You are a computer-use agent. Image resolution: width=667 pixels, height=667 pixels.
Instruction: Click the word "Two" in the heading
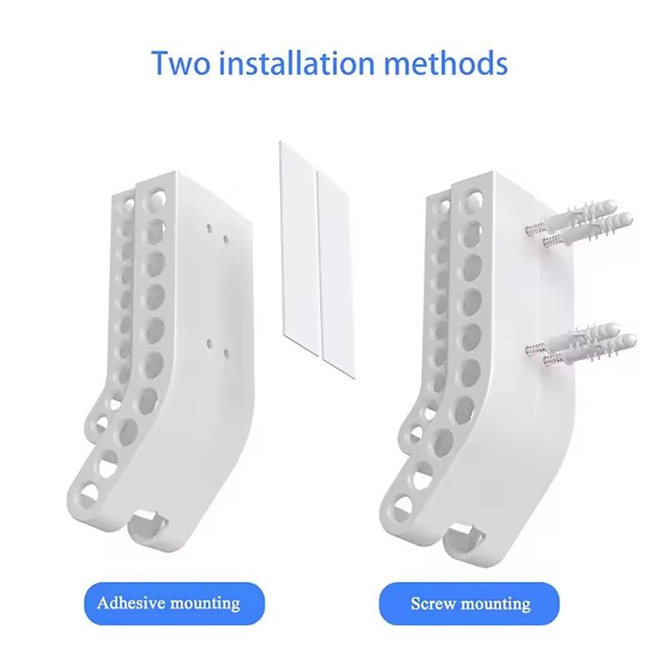[x=181, y=63]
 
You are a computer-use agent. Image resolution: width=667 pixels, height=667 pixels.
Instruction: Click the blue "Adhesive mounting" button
[x=174, y=604]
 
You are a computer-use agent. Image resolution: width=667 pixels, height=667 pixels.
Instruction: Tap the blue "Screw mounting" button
[x=469, y=604]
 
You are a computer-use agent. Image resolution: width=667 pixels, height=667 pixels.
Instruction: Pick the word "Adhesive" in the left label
[x=131, y=603]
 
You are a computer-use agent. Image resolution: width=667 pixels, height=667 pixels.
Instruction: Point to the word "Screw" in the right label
[x=433, y=604]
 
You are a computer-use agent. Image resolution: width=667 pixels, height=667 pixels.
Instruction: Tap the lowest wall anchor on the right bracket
[x=591, y=351]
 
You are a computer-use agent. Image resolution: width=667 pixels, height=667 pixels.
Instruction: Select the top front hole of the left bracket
[x=155, y=198]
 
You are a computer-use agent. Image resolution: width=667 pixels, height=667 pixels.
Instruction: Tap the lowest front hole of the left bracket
[x=88, y=494]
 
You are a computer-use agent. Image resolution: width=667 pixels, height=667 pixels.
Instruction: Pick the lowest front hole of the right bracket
[x=403, y=507]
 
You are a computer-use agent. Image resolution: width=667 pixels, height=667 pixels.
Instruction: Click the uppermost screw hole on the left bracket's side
[x=210, y=228]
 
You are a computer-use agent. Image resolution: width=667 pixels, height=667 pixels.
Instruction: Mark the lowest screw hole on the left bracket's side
[x=226, y=353]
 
